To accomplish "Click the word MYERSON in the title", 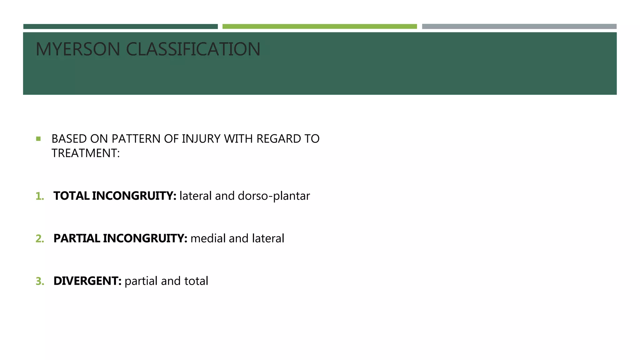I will pos(78,49).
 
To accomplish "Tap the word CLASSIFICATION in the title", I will pos(193,49).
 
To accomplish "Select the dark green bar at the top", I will pos(120,27).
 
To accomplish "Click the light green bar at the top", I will pos(319,27).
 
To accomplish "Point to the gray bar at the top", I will pos(519,27).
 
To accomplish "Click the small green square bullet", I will pos(38,139).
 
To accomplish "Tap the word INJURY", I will pos(201,139).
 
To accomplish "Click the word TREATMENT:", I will pos(86,153).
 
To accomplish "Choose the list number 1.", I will pos(40,196).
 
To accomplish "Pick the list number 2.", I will pos(40,239).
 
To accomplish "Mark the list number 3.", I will pos(40,281).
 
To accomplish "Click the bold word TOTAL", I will pos(72,196).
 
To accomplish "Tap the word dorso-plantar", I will pos(274,196).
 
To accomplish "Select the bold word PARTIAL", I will pos(77,238).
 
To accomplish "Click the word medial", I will pos(208,238).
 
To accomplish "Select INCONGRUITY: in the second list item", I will pos(145,238).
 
